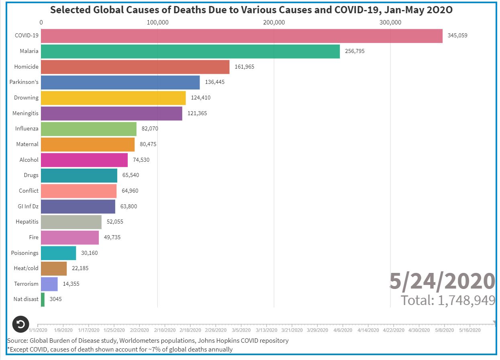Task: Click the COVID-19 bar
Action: (241, 36)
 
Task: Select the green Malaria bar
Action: (190, 51)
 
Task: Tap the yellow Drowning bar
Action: (113, 98)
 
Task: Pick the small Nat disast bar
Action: (43, 299)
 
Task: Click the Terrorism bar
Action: (49, 284)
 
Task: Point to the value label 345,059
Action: (457, 36)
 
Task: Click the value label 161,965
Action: (244, 67)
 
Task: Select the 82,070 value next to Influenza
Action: (150, 129)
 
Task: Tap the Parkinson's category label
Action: (24, 82)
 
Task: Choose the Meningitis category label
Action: (25, 113)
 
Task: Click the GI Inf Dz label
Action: (27, 206)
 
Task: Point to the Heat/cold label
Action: (26, 268)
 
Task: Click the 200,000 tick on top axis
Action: (274, 22)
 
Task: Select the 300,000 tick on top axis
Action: (390, 22)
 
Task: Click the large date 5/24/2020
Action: (442, 281)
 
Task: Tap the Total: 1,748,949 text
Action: (448, 300)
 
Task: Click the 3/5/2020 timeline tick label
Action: (241, 330)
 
